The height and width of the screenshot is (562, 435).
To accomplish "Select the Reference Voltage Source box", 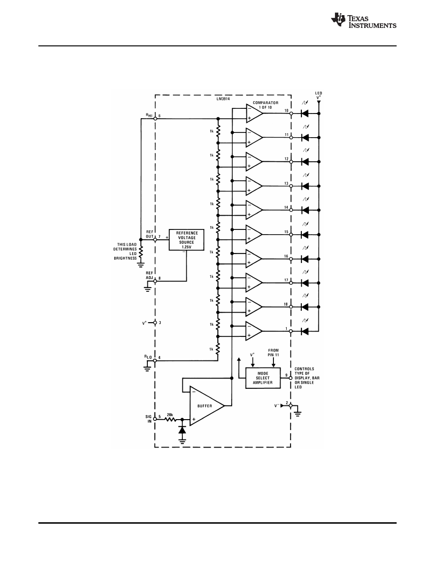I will click(x=186, y=240).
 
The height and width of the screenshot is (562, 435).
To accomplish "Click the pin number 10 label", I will click(x=287, y=111).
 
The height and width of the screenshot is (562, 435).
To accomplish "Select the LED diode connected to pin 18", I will click(x=305, y=307).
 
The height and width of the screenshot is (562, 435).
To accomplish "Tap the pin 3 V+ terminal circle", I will click(x=155, y=323).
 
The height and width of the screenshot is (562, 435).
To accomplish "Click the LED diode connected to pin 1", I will click(x=305, y=331).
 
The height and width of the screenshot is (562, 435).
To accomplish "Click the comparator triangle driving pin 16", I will click(x=254, y=258).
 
